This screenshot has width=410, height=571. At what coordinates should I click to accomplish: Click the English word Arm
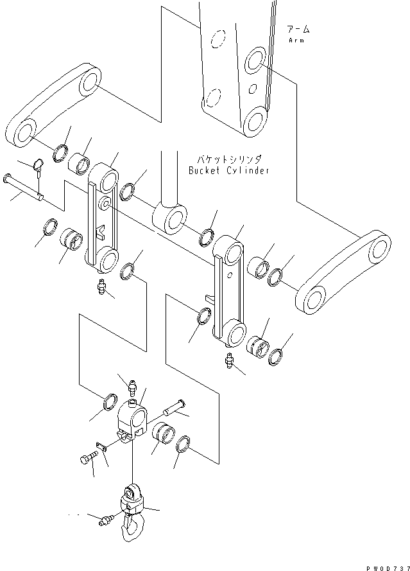point(296,40)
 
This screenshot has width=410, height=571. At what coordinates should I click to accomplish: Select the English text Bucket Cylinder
point(228,170)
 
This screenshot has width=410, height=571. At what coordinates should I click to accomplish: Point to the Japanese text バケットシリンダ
point(228,159)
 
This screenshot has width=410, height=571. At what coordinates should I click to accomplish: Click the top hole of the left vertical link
point(105,176)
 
